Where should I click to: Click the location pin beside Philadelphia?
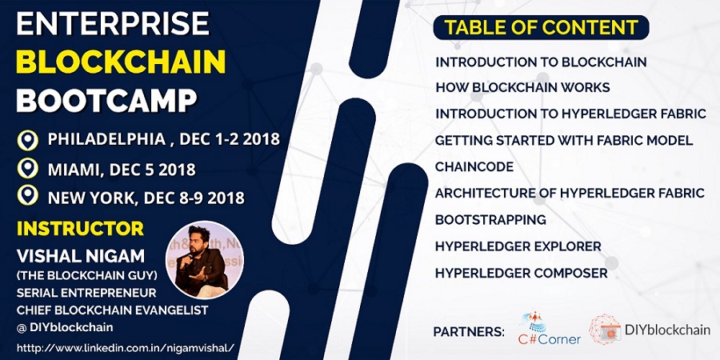pyautogui.click(x=28, y=140)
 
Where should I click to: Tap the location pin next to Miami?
pyautogui.click(x=28, y=169)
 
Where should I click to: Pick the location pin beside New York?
pyautogui.click(x=28, y=195)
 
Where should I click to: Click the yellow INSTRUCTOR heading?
pyautogui.click(x=80, y=229)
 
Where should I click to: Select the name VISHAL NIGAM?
pyautogui.click(x=69, y=256)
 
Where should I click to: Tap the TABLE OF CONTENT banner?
pyautogui.click(x=541, y=27)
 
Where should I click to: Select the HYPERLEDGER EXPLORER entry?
pyautogui.click(x=518, y=246)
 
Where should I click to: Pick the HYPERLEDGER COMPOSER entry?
pyautogui.click(x=521, y=273)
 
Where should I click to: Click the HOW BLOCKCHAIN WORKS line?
pyautogui.click(x=522, y=87)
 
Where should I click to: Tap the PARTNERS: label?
pyautogui.click(x=469, y=331)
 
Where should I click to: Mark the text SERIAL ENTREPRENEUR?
pyautogui.click(x=78, y=292)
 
